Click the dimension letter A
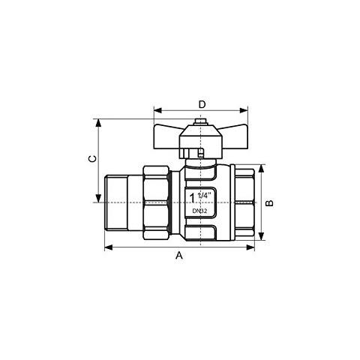[x=179, y=255]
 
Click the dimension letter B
[x=269, y=203]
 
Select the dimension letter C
[x=92, y=159]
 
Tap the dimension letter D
[x=202, y=104]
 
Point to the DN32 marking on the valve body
[x=199, y=211]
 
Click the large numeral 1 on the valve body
[x=192, y=198]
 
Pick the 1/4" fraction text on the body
[x=204, y=195]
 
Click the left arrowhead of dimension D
[x=158, y=110]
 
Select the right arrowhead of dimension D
[x=244, y=110]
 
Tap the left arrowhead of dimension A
[x=109, y=247]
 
